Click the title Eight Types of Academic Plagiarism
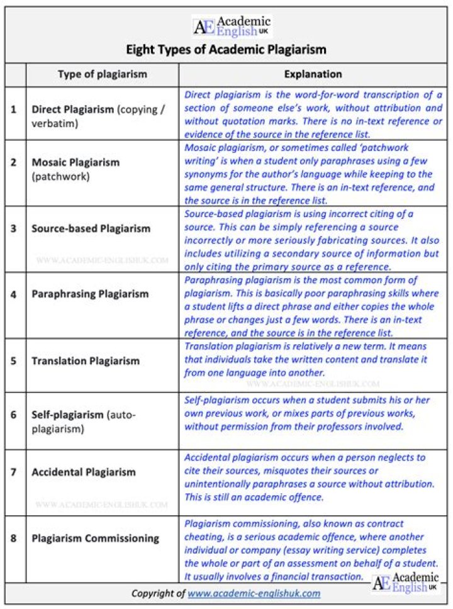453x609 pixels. click(x=226, y=49)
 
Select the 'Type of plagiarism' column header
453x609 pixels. click(x=102, y=74)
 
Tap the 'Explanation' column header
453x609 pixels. click(x=313, y=74)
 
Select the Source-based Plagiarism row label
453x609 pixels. click(x=91, y=228)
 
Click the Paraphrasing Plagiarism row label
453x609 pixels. click(x=90, y=294)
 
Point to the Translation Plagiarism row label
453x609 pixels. click(x=86, y=361)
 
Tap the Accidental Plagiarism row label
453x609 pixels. click(x=84, y=472)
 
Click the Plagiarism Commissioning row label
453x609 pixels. click(x=95, y=539)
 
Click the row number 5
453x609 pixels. click(x=14, y=361)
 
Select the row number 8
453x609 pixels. click(x=14, y=539)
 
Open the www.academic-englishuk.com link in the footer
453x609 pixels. click(x=254, y=593)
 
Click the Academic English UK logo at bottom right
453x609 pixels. click(x=405, y=583)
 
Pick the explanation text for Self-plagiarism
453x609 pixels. click(x=302, y=413)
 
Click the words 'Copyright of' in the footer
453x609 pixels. click(x=158, y=593)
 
